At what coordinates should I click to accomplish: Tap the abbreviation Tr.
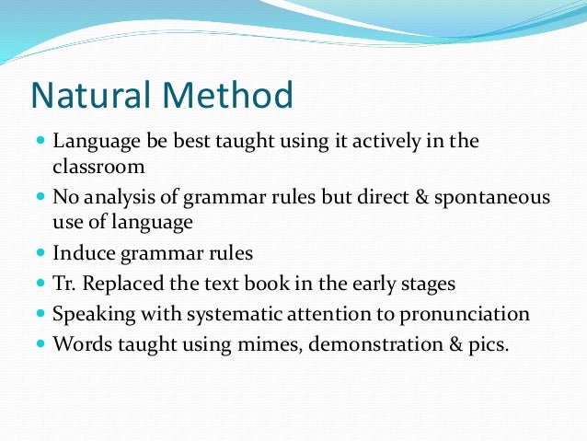(65, 283)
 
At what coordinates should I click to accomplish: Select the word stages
(426, 283)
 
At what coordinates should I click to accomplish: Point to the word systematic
(230, 314)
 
